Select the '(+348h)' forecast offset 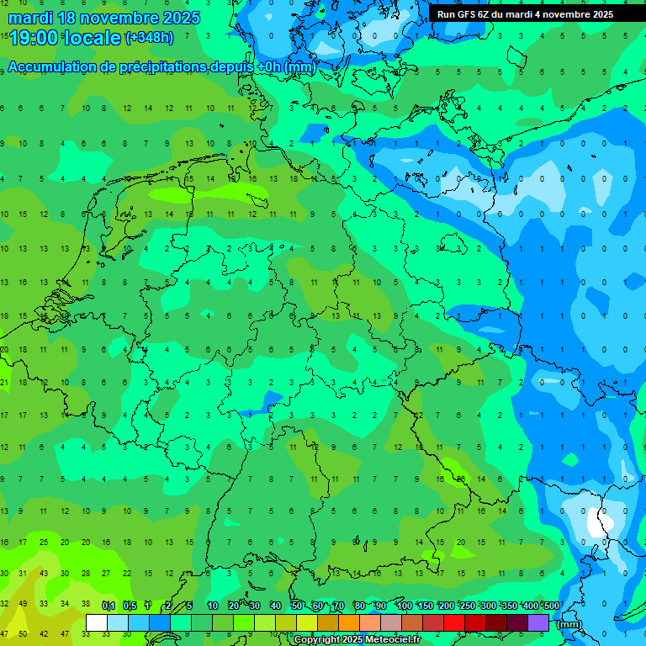tap(149, 38)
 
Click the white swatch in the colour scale tap(97, 622)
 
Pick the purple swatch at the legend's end tap(538, 622)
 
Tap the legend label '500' tap(551, 606)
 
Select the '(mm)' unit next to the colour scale tap(569, 624)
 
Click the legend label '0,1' tap(109, 606)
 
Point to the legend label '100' tap(404, 606)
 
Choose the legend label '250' tap(467, 606)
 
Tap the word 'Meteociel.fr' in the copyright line tap(388, 640)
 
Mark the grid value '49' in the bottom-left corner tap(23, 604)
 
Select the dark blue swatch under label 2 tap(160, 622)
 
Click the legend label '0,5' tap(130, 606)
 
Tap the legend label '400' tap(530, 606)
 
